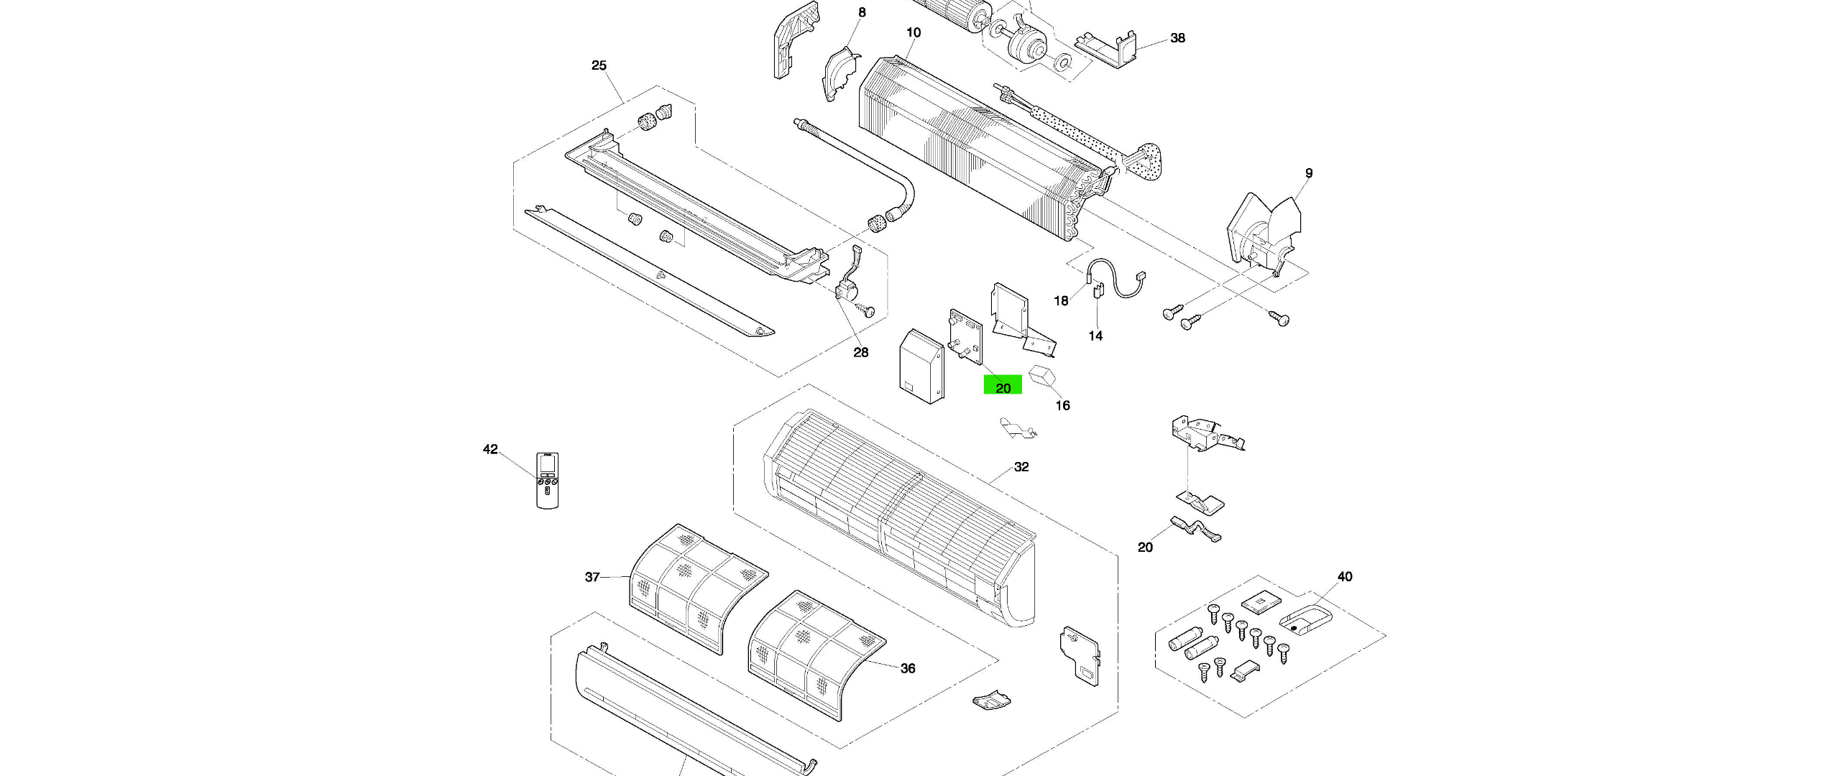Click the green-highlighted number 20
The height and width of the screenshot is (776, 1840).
tap(1003, 387)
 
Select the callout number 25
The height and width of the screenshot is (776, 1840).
tap(599, 65)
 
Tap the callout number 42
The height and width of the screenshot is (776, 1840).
tap(490, 450)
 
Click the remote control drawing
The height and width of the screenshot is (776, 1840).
tap(547, 480)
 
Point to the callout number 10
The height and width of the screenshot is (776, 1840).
tap(914, 32)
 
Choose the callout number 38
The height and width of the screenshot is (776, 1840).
tap(1177, 38)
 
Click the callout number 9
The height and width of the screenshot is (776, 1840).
tap(1309, 173)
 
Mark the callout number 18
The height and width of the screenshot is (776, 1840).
tap(1062, 301)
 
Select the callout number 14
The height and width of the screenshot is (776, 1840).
tap(1095, 336)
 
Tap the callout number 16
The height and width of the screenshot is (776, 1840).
tap(1062, 406)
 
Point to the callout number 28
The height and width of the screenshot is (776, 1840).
tap(860, 352)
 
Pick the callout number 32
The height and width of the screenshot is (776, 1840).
tap(1021, 467)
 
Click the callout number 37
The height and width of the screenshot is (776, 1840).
tap(592, 577)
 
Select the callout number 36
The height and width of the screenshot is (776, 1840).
tap(908, 669)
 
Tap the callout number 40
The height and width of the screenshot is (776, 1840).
tap(1345, 577)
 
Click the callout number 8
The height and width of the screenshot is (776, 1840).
tap(862, 12)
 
